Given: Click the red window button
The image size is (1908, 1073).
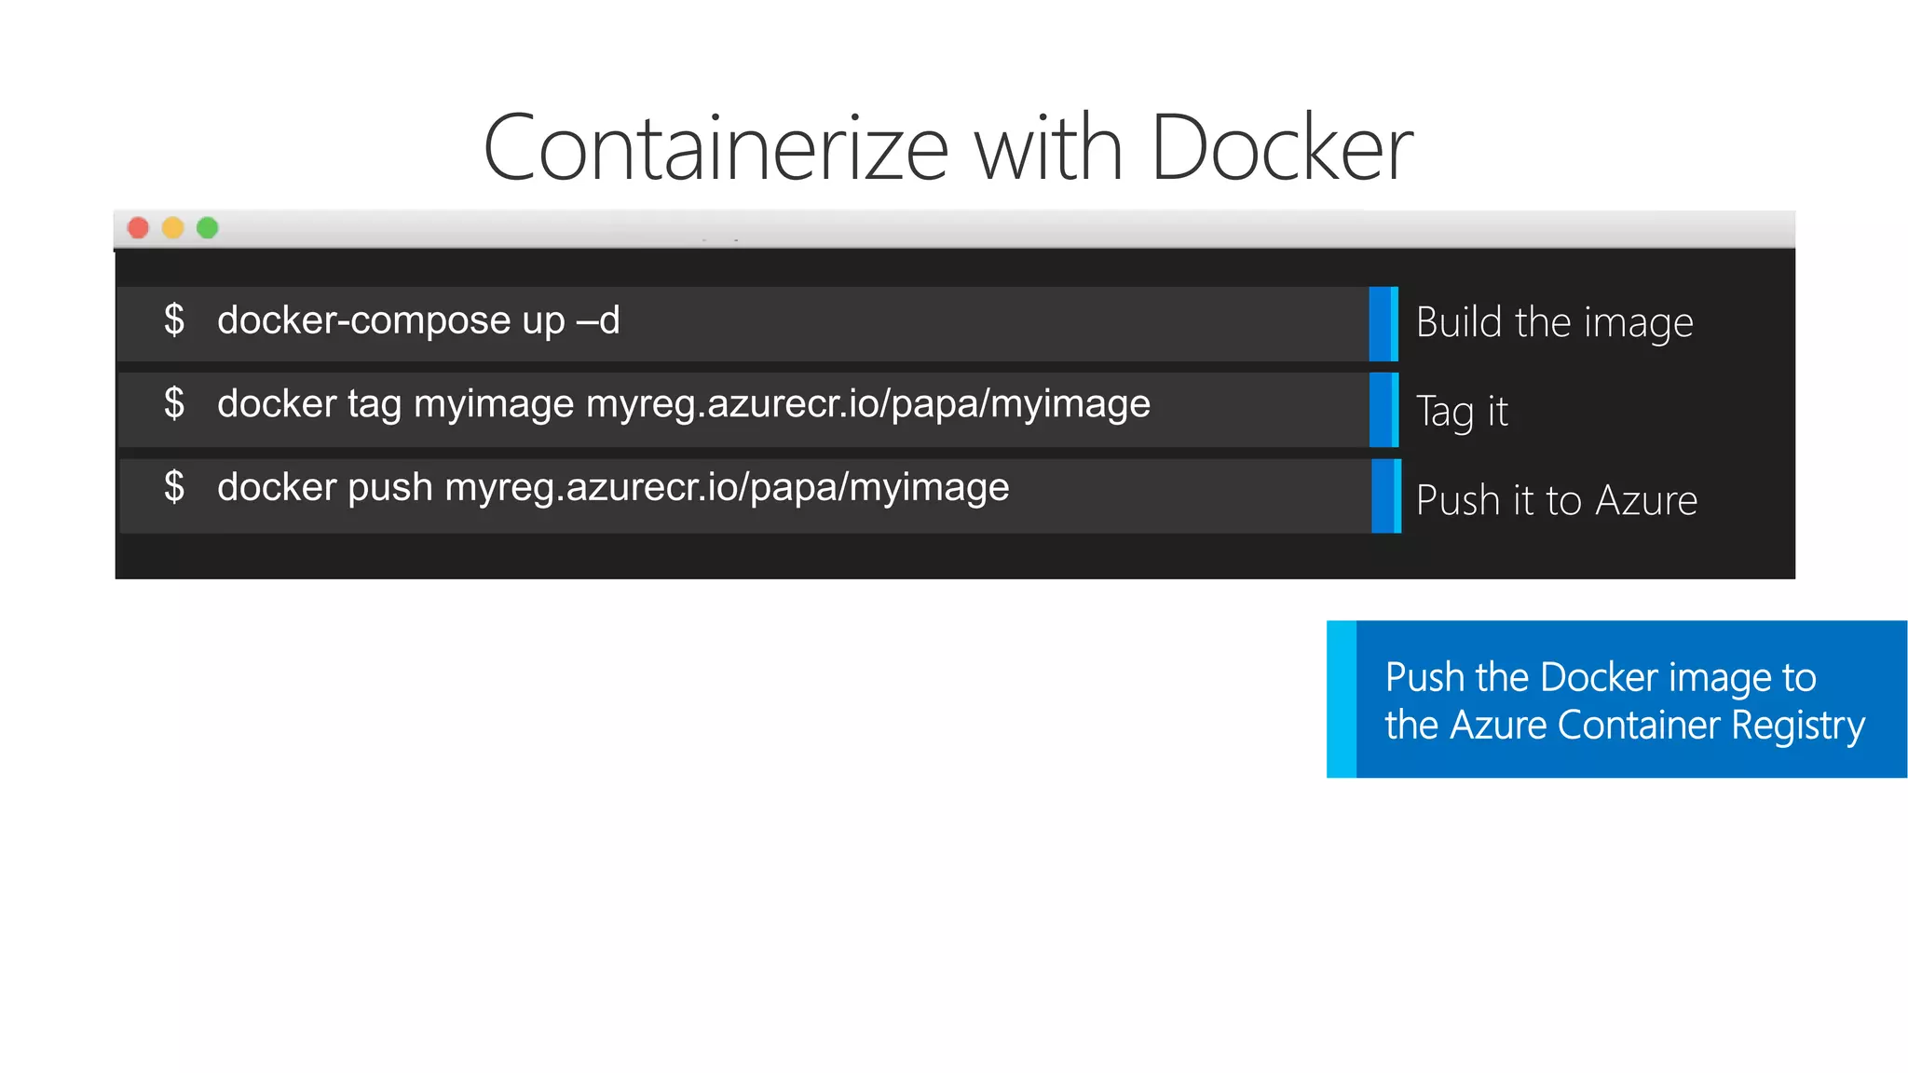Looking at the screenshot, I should point(138,228).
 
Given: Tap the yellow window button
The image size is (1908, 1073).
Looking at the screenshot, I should point(173,228).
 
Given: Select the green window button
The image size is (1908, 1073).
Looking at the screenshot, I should point(208,228).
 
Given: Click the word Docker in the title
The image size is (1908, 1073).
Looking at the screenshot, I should point(1282,149).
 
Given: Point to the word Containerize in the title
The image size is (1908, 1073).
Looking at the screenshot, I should point(715,149).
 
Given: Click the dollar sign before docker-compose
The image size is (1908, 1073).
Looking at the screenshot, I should point(174,319).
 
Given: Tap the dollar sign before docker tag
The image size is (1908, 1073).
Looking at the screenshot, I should point(174,403).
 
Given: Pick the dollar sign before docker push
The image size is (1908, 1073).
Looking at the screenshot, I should point(174,486).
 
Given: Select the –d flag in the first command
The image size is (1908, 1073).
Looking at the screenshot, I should point(598,321).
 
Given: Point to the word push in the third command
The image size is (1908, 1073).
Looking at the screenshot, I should point(389,488).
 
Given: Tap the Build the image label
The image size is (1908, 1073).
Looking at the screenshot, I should point(1554,323).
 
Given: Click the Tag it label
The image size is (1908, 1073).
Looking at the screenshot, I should point(1462,412).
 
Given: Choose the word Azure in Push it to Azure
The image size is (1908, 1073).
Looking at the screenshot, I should point(1646,501).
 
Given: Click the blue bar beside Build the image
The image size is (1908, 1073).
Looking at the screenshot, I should point(1383,324).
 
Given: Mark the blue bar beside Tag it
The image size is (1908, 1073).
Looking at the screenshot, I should point(1384,410).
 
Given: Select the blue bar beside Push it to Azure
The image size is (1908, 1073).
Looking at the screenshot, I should point(1386,496).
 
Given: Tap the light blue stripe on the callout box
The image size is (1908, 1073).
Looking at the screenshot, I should point(1342,699).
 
